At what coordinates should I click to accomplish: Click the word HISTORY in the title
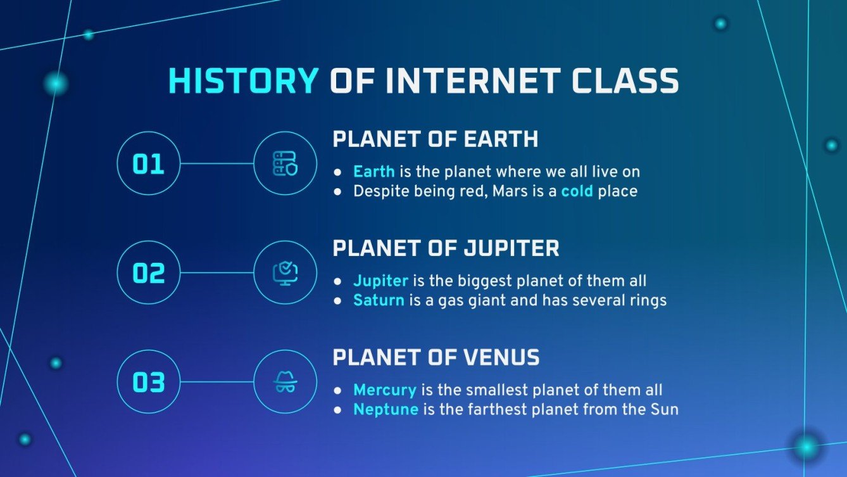click(x=243, y=82)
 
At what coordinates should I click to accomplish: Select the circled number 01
click(x=149, y=163)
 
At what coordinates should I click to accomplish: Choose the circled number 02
click(x=149, y=273)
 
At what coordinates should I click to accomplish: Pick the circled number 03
click(x=149, y=382)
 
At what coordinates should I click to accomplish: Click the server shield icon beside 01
click(x=285, y=163)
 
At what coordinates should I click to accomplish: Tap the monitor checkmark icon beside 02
click(x=285, y=273)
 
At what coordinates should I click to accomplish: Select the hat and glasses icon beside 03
click(x=285, y=382)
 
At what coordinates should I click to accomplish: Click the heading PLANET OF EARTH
click(x=436, y=139)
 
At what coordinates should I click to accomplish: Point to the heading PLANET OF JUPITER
click(x=446, y=248)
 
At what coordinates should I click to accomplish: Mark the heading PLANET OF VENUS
click(x=436, y=358)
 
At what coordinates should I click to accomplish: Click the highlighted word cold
click(x=577, y=191)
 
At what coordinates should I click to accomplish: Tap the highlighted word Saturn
click(x=379, y=300)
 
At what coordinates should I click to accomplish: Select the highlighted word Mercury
click(x=384, y=390)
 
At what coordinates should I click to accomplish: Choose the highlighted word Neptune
click(x=386, y=410)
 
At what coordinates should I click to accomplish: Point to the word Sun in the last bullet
click(x=665, y=410)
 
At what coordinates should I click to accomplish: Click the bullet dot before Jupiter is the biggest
click(x=339, y=281)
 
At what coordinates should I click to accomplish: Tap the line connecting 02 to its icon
click(x=216, y=273)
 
